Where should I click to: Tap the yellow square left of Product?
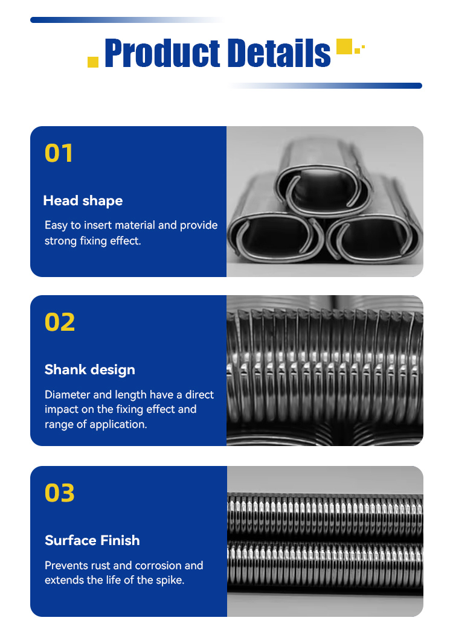pos(93,62)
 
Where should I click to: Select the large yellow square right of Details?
pos(344,46)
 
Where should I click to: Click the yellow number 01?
pos(59,153)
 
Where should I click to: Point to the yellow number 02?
pos(60,322)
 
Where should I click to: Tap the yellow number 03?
pos(60,493)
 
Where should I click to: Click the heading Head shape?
pos(83,200)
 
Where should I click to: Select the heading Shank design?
pos(89,369)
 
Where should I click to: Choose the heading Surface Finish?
pos(92,540)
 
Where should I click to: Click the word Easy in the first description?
pos(56,225)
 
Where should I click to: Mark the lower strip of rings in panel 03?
pos(325,564)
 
